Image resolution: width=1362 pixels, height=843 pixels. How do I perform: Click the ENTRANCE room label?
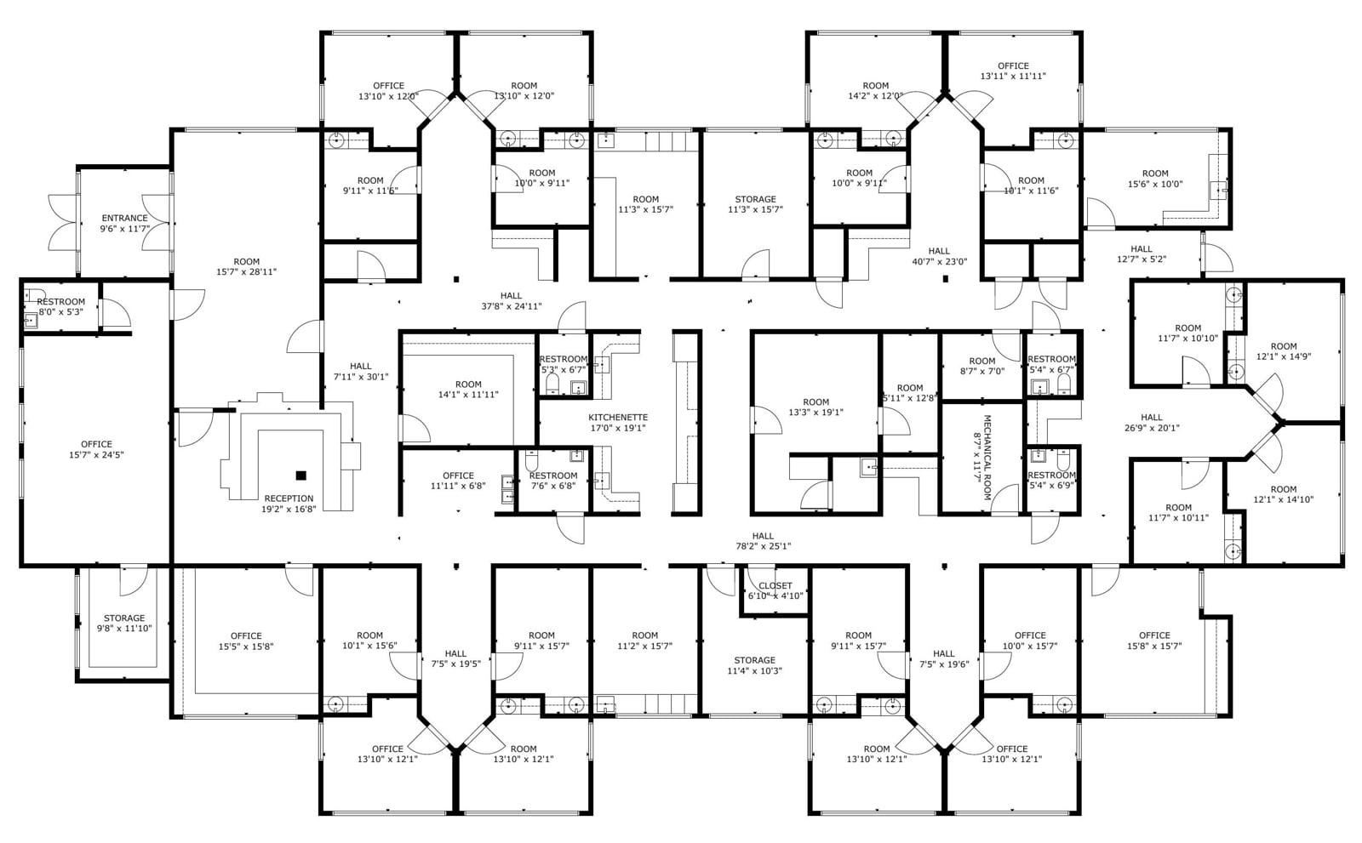[x=124, y=218]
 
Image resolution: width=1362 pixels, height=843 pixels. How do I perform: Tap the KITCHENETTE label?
[x=618, y=417]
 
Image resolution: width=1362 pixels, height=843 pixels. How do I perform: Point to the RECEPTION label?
[x=289, y=498]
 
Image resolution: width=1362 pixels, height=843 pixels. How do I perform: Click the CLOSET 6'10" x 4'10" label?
[x=775, y=585]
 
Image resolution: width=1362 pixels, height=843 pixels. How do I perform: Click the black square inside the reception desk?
[x=300, y=475]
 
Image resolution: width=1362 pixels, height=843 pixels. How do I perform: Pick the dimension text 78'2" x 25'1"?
[x=763, y=546]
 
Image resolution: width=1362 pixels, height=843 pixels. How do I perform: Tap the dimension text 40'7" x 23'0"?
[x=939, y=262]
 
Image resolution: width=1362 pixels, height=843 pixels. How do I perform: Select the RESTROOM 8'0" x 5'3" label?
[x=60, y=301]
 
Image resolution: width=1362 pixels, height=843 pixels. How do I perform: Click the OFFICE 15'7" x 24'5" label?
[x=96, y=444]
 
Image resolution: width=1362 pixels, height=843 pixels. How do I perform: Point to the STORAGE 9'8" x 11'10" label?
[x=124, y=618]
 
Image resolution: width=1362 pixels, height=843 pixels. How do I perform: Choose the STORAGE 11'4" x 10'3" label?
[x=754, y=660]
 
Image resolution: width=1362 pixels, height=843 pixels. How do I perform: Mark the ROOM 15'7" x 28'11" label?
[x=246, y=262]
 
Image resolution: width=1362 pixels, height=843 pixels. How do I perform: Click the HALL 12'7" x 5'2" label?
[x=1141, y=249]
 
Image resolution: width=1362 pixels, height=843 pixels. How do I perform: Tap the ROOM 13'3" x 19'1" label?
[x=815, y=402]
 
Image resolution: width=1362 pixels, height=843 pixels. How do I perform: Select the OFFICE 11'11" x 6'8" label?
[x=458, y=476]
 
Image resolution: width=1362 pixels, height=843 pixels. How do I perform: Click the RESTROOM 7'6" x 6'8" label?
[x=552, y=476]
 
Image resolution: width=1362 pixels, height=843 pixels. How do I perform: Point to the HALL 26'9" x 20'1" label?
[x=1151, y=417]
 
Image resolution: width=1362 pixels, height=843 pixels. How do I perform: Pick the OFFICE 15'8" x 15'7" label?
[x=1154, y=635]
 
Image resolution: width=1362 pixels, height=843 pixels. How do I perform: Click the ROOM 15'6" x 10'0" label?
[x=1155, y=174]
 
